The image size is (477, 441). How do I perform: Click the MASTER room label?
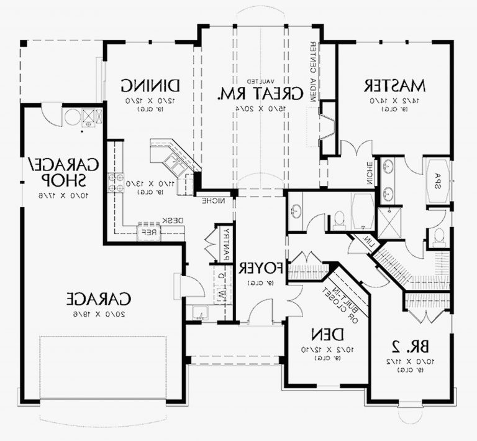(394, 85)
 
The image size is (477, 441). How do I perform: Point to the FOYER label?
(261, 268)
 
